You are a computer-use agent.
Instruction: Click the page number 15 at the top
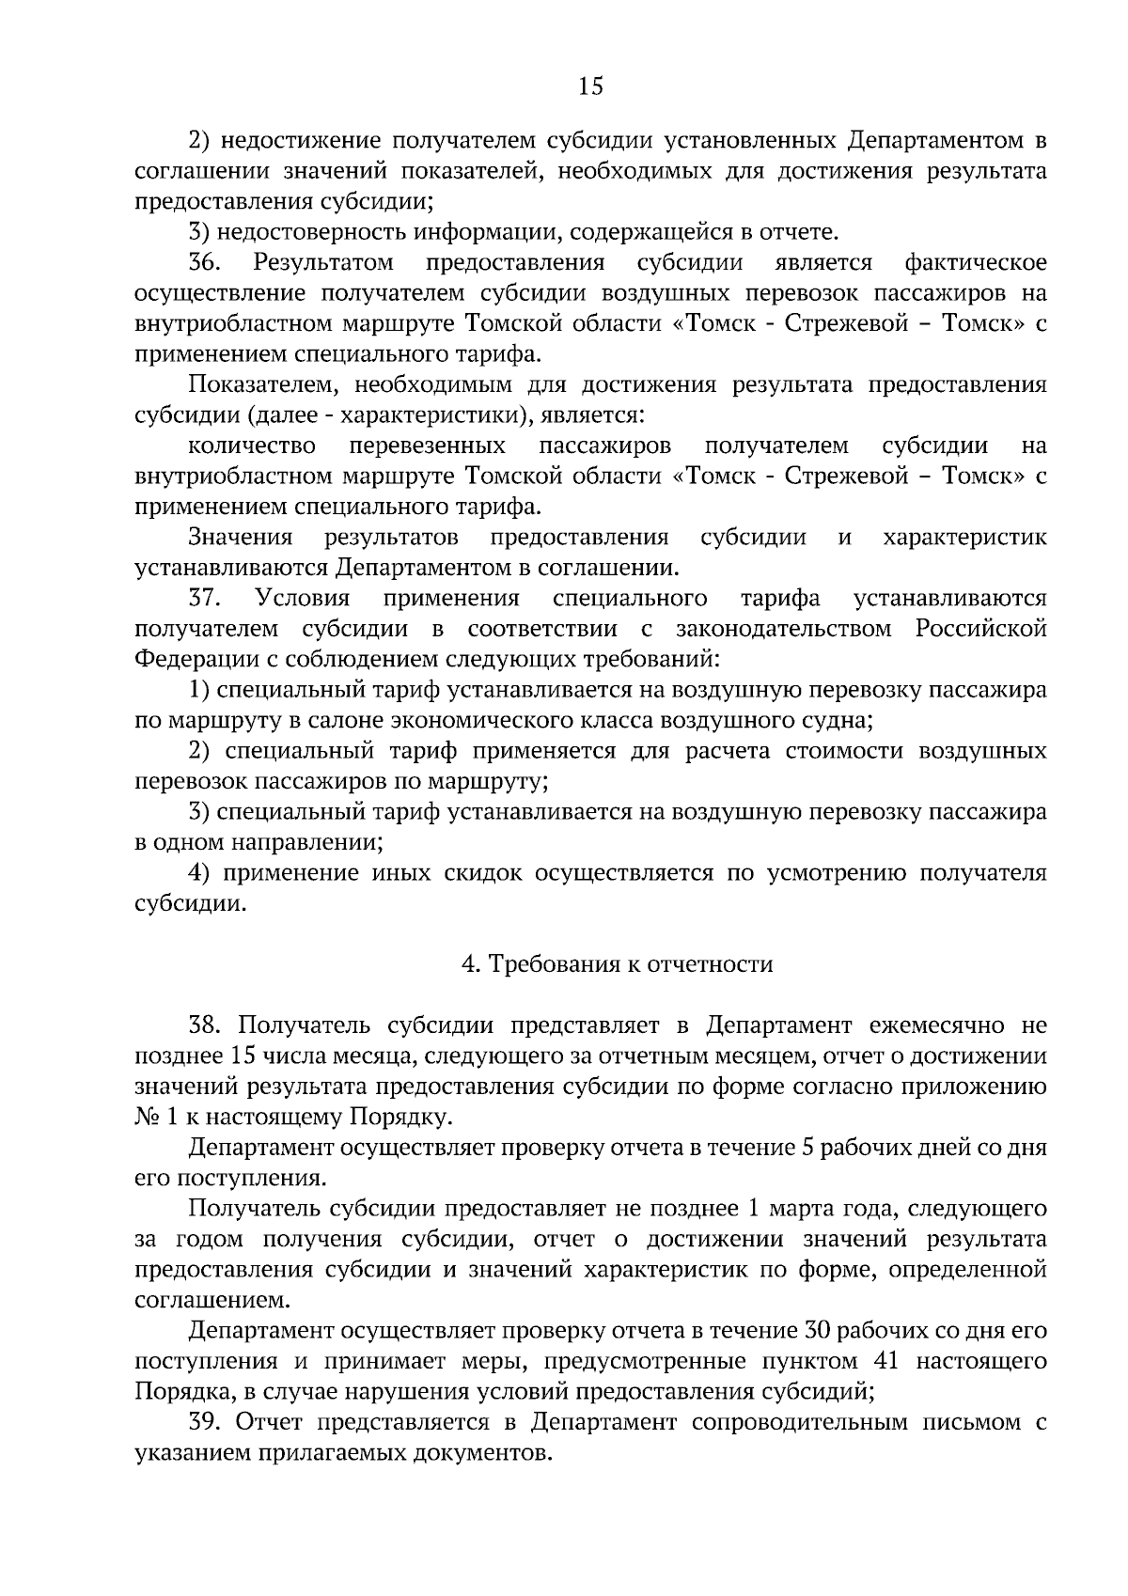[x=590, y=87]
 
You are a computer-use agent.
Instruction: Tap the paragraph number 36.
[x=204, y=262]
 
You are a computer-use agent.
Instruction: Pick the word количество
[x=252, y=445]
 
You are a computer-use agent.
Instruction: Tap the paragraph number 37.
[x=204, y=599]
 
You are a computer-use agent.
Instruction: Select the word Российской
[x=981, y=629]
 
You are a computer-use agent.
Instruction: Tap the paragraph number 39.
[x=204, y=1422]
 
